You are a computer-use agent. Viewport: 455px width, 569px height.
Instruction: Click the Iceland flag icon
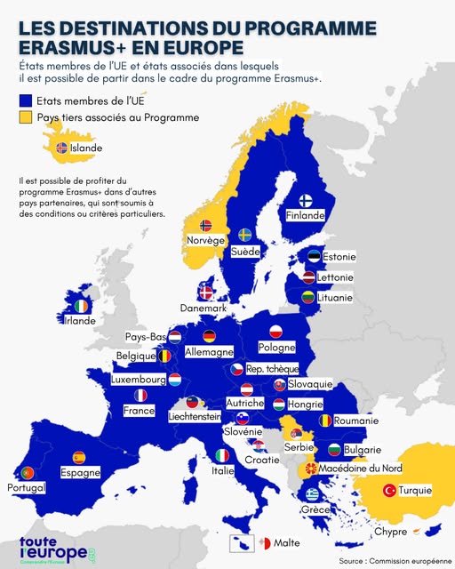pyautogui.click(x=62, y=148)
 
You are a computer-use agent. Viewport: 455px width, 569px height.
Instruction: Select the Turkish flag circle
pyautogui.click(x=388, y=490)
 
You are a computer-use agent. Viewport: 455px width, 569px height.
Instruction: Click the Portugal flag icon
pyautogui.click(x=27, y=473)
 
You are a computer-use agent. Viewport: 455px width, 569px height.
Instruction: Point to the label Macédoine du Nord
pyautogui.click(x=361, y=469)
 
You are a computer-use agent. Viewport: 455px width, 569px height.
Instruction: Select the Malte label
pyautogui.click(x=287, y=542)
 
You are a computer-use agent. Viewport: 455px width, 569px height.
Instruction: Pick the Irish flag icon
pyautogui.click(x=82, y=306)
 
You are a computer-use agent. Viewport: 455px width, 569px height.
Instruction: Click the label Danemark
pyautogui.click(x=204, y=308)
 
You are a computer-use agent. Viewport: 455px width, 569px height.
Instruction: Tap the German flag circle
pyautogui.click(x=210, y=336)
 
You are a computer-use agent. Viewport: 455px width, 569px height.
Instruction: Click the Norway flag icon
pyautogui.click(x=207, y=226)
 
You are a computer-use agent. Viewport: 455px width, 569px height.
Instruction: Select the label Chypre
pyautogui.click(x=390, y=532)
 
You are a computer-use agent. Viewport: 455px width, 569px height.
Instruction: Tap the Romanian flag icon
pyautogui.click(x=326, y=420)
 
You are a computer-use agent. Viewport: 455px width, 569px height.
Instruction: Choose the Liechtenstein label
pyautogui.click(x=194, y=416)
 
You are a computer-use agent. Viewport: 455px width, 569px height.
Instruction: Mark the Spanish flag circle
pyautogui.click(x=78, y=458)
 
